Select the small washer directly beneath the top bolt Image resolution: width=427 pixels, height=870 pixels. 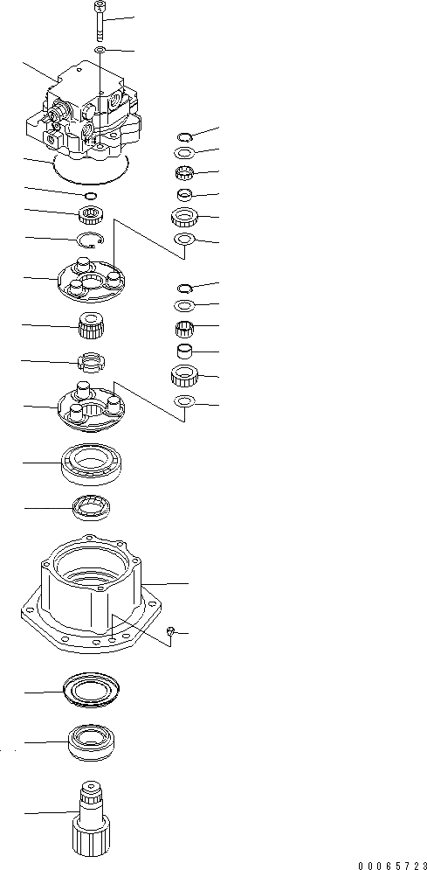pos(100,51)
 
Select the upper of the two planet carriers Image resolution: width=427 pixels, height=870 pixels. pos(92,279)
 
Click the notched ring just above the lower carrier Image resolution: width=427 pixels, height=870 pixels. pos(92,362)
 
